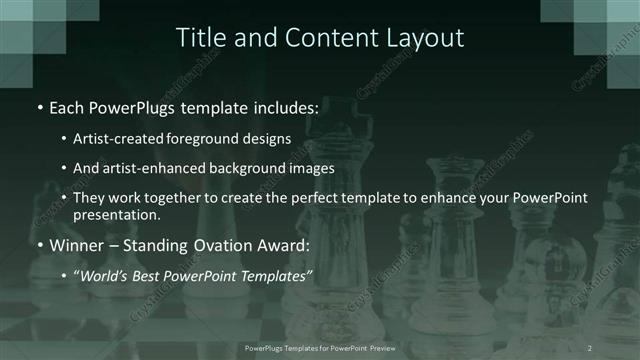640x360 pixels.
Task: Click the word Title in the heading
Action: pyautogui.click(x=199, y=38)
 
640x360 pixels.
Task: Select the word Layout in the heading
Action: pyautogui.click(x=424, y=38)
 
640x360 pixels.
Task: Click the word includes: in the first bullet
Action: pyautogui.click(x=284, y=108)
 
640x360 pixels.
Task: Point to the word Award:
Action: pyautogui.click(x=287, y=245)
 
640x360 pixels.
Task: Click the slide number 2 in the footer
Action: pyautogui.click(x=589, y=347)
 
